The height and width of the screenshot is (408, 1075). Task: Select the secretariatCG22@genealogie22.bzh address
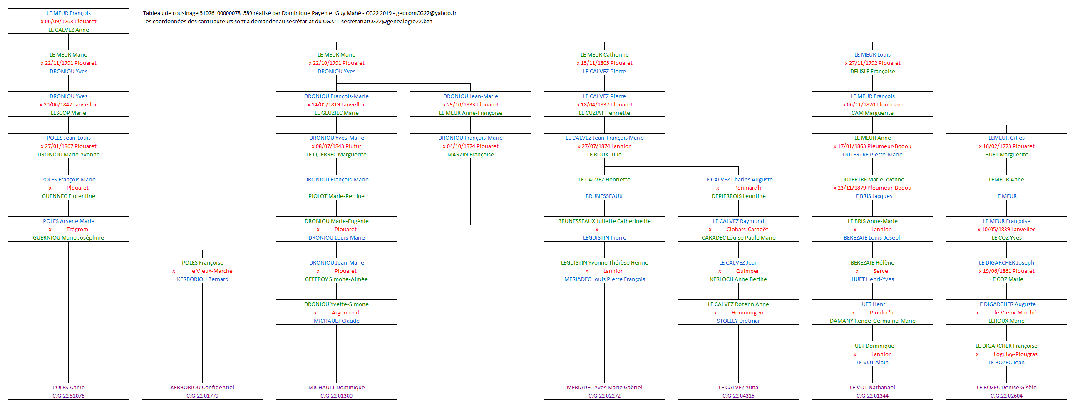coord(387,21)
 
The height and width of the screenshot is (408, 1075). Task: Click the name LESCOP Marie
coord(68,113)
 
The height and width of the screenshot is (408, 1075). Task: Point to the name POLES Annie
coord(68,387)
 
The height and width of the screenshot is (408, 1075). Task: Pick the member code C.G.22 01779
coord(202,396)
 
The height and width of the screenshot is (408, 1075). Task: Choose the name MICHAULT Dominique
coord(336,387)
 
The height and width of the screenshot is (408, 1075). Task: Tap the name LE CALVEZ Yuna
coord(738,387)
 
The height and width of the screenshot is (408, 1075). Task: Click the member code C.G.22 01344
coord(872,396)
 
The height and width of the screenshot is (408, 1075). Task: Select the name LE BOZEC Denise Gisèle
coord(1006,387)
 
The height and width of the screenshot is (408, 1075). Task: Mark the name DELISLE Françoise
coord(872,72)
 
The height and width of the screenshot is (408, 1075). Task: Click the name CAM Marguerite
coord(872,113)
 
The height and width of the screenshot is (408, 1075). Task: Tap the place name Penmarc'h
coord(747,188)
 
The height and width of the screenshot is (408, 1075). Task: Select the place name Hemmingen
coord(747,312)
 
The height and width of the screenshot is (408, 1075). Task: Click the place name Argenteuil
coord(345,312)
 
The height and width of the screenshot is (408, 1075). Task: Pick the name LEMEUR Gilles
coord(1006,138)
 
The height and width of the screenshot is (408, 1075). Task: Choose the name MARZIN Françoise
coord(470,154)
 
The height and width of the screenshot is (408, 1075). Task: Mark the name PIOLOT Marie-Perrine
coord(336,196)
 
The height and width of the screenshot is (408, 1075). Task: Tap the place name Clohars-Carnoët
coord(747,229)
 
